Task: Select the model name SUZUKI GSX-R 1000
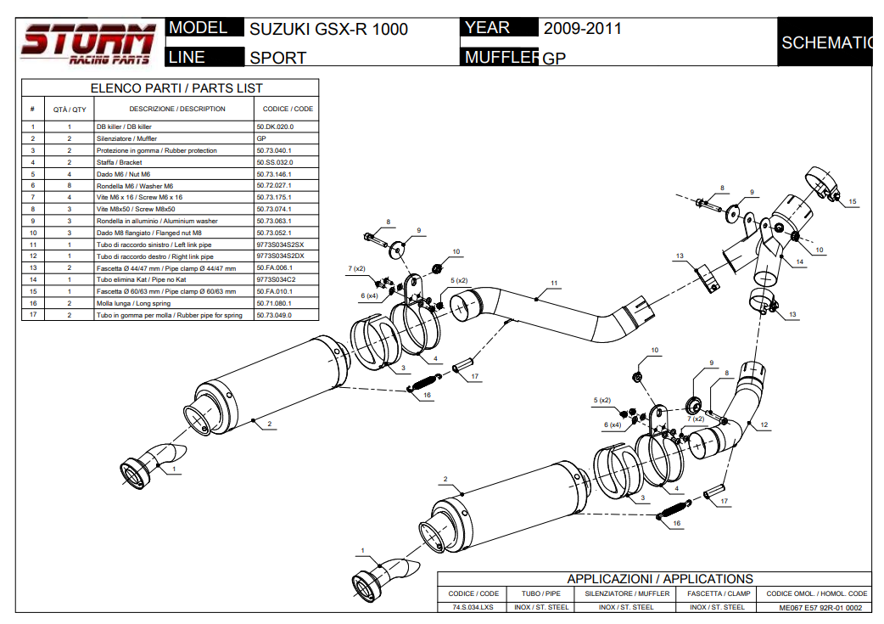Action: pos(328,30)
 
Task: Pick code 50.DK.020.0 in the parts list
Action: pos(275,126)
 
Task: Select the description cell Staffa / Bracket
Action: pos(120,162)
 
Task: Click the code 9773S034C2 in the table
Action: pos(276,279)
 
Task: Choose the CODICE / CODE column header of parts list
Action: pos(288,109)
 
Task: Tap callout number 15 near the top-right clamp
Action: pos(853,202)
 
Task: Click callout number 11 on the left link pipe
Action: pos(554,283)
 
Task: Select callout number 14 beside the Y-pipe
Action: pos(799,262)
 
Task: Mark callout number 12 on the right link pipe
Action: pos(764,424)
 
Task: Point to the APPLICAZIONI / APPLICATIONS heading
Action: pos(660,579)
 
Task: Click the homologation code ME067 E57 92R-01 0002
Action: pos(820,607)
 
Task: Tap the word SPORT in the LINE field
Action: pos(278,59)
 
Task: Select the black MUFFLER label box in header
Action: pos(500,58)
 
